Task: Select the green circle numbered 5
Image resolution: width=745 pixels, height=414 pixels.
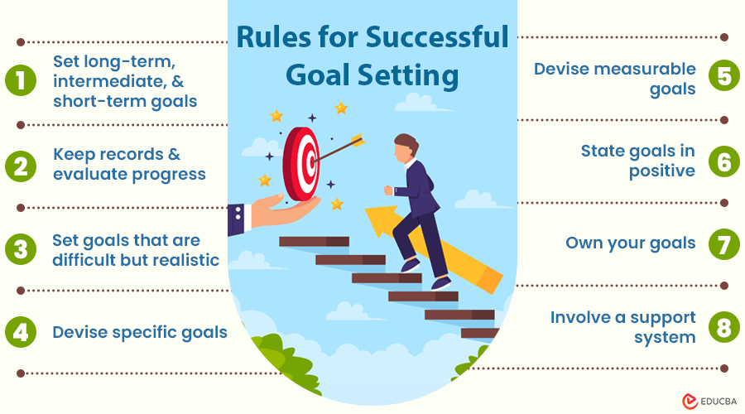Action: [x=723, y=79]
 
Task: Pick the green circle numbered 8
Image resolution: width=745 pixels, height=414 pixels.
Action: [x=723, y=327]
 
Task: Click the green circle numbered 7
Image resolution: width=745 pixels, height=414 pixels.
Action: [x=723, y=244]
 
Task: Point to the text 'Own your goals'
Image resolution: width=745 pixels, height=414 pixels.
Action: [x=630, y=243]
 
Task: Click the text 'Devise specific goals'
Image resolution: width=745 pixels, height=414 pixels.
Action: [x=140, y=332]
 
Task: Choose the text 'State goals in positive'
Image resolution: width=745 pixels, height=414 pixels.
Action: [x=637, y=161]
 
